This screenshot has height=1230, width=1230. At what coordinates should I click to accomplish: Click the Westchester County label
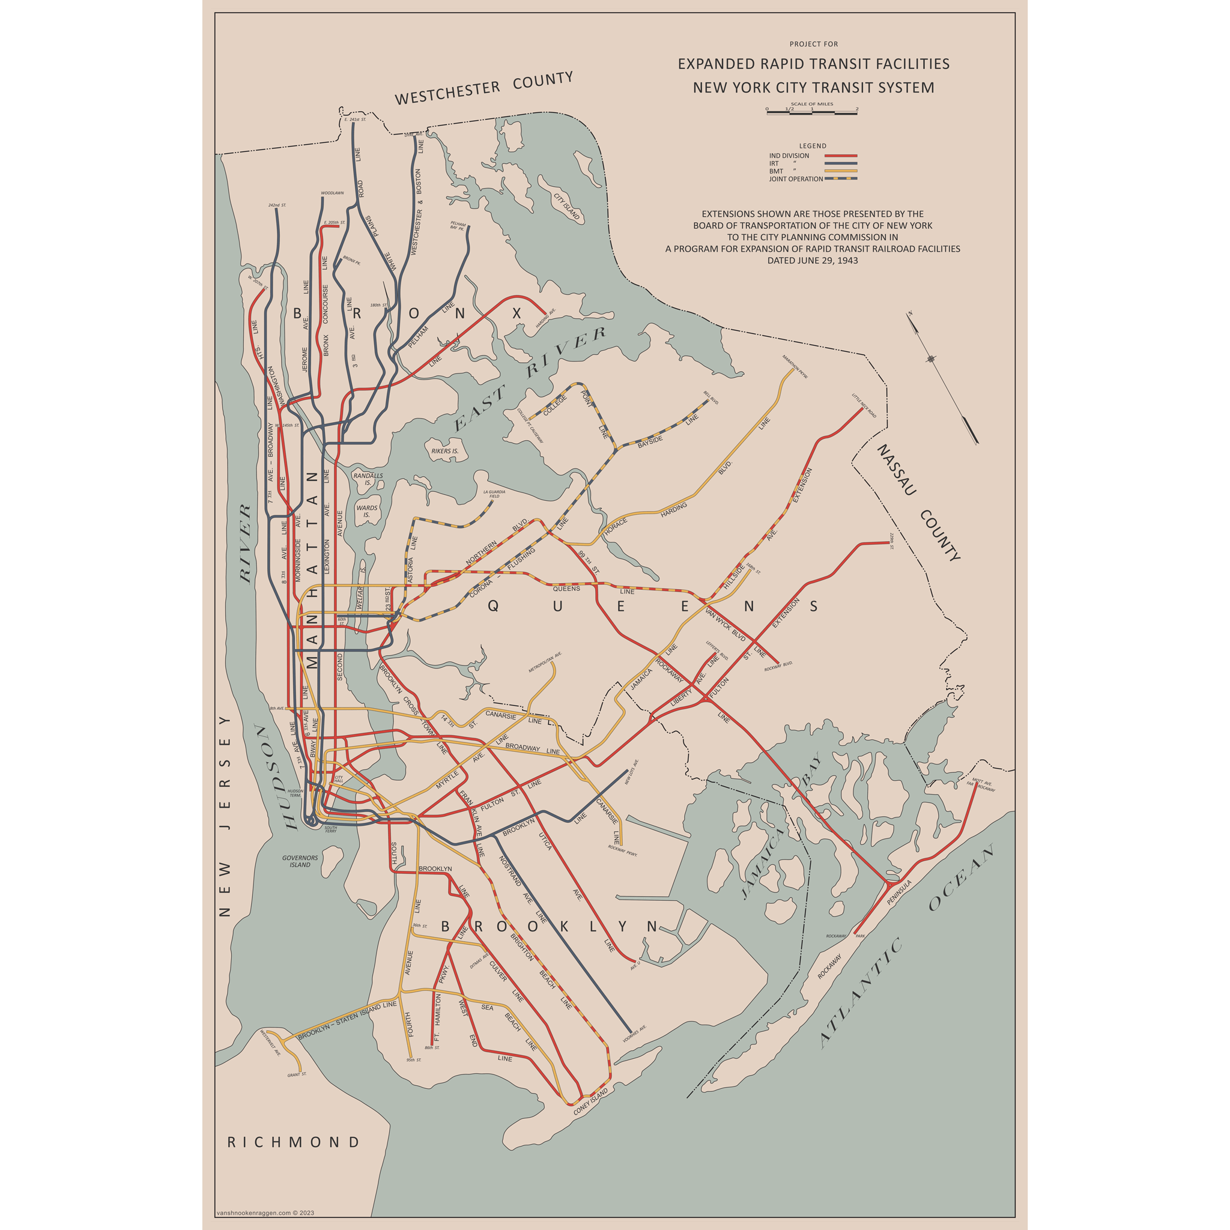coord(484,88)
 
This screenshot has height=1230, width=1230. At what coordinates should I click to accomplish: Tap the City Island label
coord(566,206)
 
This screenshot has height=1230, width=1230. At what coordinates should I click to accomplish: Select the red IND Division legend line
coord(841,156)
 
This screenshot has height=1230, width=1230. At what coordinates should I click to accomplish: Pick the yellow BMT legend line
coord(841,171)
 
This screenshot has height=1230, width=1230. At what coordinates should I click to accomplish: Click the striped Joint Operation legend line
coord(841,179)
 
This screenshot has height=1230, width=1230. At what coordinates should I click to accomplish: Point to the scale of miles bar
coord(813,113)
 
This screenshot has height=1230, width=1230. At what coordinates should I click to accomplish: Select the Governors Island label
coord(300,861)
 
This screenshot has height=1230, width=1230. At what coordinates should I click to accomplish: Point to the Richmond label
coord(294,1142)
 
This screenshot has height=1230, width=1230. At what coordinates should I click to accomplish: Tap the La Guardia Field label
coord(494,494)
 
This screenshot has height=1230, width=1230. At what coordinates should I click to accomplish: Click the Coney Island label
coord(591,1101)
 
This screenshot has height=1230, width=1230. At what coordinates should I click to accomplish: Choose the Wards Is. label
coord(367,511)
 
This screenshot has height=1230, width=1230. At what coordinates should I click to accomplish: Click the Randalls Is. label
coord(368,479)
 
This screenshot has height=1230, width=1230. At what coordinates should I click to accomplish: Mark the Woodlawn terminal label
coord(332,192)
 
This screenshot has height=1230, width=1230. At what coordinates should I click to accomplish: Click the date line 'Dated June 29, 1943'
coord(813,261)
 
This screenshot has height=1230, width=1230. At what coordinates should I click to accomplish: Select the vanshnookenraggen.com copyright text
coord(265,1213)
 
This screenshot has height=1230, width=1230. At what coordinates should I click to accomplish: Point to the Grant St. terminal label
coord(297,1074)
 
